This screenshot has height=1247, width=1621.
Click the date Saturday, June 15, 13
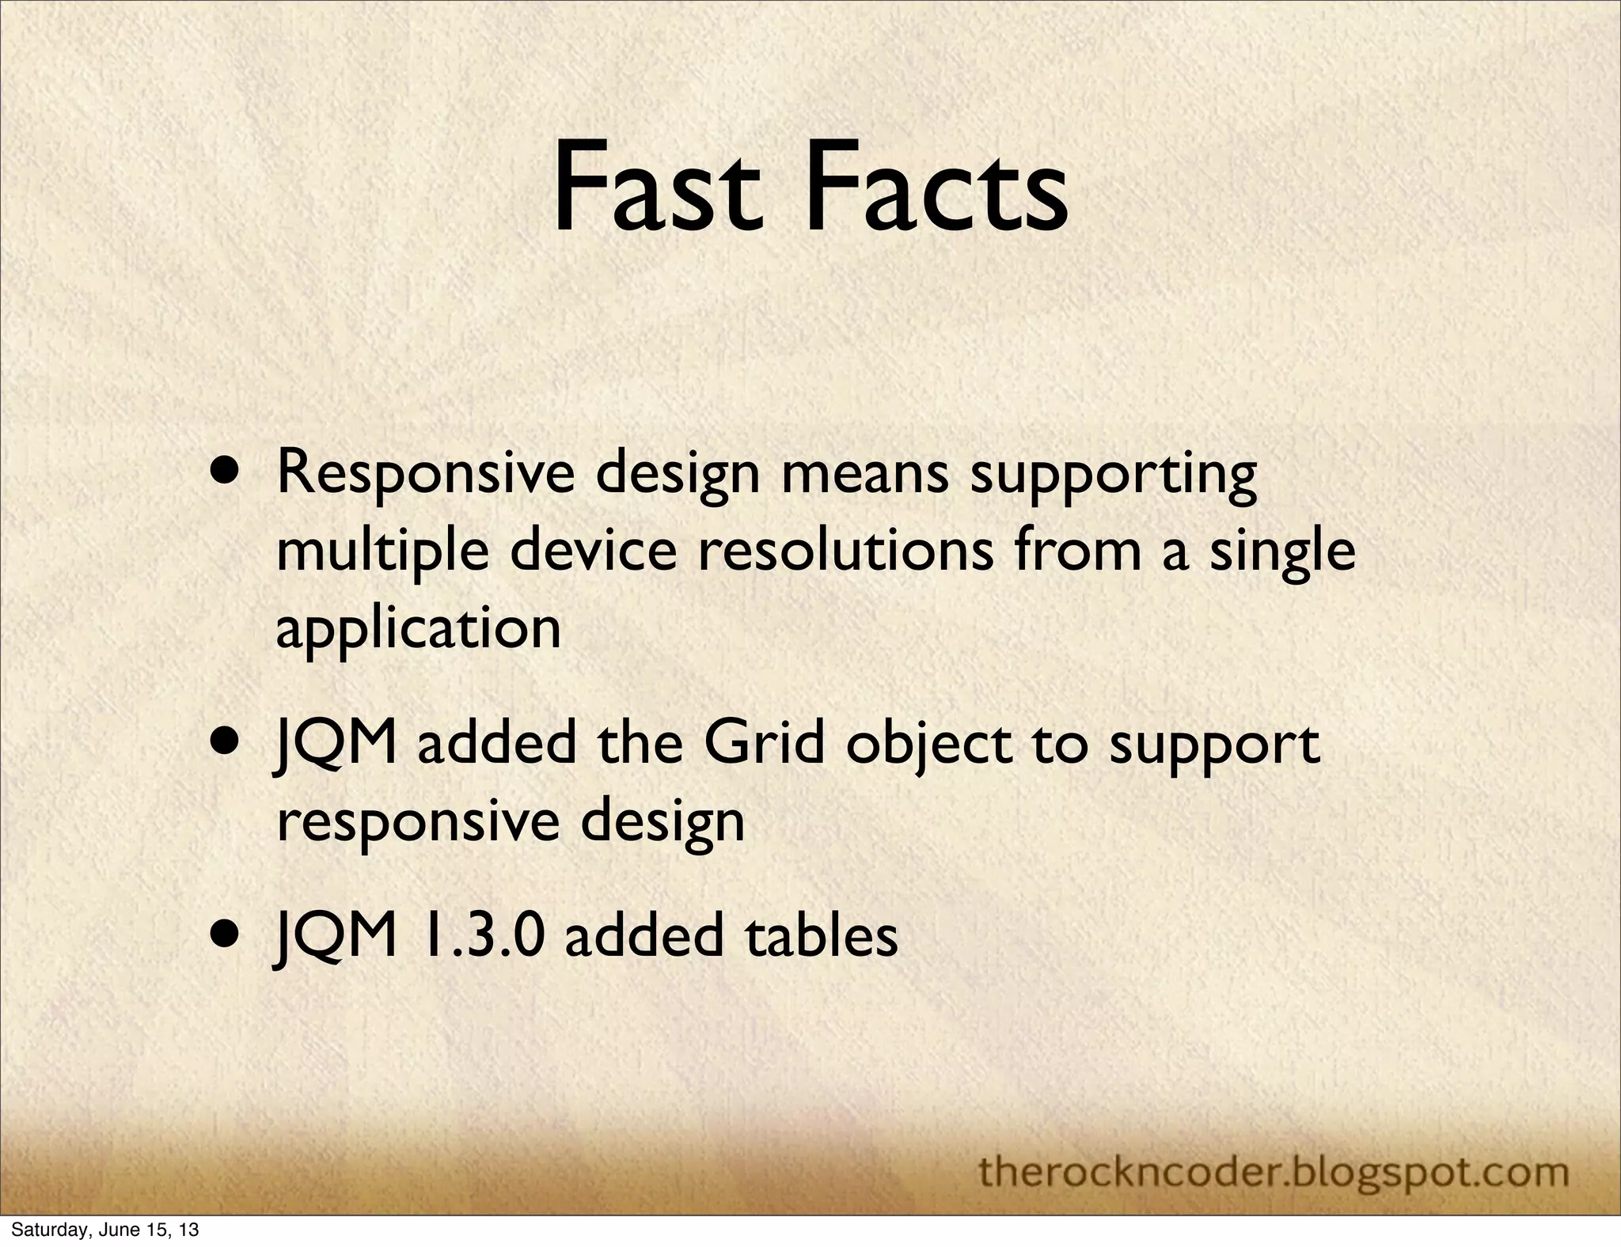pyautogui.click(x=104, y=1230)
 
